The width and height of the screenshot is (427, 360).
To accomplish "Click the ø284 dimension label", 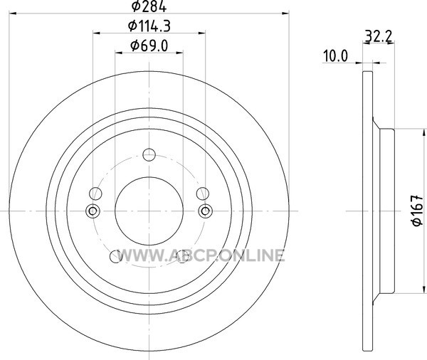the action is point(149,6).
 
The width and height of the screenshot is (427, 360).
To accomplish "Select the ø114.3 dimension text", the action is point(149,26).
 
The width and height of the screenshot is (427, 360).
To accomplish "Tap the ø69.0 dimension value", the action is point(149,46).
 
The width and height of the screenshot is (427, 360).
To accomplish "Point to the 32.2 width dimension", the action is point(379,36).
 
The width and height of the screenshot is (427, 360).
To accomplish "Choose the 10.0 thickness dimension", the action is point(335,56).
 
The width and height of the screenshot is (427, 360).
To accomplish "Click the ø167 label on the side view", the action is point(417,210).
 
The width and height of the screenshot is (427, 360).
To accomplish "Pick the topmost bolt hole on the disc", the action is point(149,154).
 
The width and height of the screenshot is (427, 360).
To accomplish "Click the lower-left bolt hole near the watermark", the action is point(116,257).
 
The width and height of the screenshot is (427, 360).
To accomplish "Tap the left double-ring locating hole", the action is point(93,211).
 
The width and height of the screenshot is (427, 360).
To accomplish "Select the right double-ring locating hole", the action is point(206,211).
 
